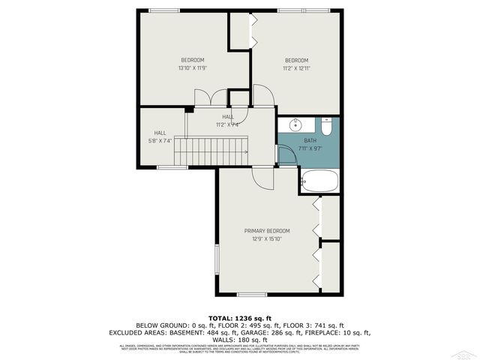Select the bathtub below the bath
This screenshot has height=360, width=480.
coord(319,180)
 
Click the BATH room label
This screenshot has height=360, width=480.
coord(310,140)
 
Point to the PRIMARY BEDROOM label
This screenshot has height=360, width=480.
coord(266,231)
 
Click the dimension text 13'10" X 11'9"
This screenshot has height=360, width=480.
coord(191,68)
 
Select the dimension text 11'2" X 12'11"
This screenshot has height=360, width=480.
coord(296,68)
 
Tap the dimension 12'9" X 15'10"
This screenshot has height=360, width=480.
coord(266,239)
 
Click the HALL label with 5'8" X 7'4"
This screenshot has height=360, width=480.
coord(160,133)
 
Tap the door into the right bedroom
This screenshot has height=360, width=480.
coord(263,95)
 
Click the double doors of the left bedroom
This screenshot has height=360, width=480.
coord(211,97)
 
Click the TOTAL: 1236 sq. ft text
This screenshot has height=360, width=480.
coord(239,317)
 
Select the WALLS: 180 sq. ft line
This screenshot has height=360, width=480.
coord(239,338)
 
